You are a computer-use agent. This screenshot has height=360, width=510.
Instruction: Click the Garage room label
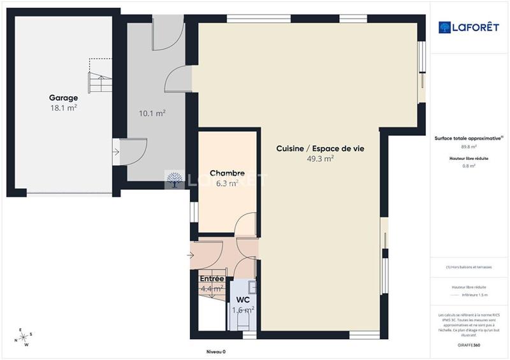(64, 98)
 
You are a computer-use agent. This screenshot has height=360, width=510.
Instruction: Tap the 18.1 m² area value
(64, 108)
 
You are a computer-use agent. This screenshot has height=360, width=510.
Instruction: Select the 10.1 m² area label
(152, 113)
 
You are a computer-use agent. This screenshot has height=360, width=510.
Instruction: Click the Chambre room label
(228, 173)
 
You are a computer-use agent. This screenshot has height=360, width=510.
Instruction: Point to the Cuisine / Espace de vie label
(320, 148)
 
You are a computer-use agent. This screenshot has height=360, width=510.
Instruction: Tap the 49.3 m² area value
(320, 159)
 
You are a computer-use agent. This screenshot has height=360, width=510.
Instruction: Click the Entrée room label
(212, 279)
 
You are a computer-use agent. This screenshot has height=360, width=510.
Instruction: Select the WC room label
(243, 299)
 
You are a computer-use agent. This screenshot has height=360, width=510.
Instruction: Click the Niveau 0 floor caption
(216, 352)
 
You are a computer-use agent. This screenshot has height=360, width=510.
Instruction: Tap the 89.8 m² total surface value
(469, 146)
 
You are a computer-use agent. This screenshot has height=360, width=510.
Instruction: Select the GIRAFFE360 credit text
(469, 345)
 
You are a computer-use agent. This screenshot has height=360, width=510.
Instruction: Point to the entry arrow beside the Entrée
(190, 256)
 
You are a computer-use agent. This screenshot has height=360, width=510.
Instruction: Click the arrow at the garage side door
(115, 152)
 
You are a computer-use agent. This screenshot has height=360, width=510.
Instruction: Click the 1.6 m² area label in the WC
(243, 310)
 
